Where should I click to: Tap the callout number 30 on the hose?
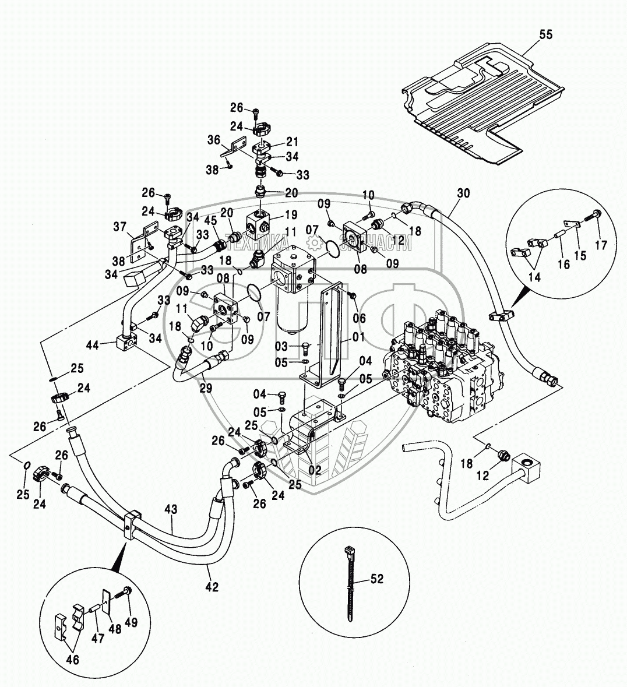tap(463, 193)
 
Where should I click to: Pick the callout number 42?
tap(212, 587)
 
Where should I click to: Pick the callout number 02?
tap(315, 470)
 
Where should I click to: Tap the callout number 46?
tap(73, 660)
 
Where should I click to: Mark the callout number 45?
tap(210, 220)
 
